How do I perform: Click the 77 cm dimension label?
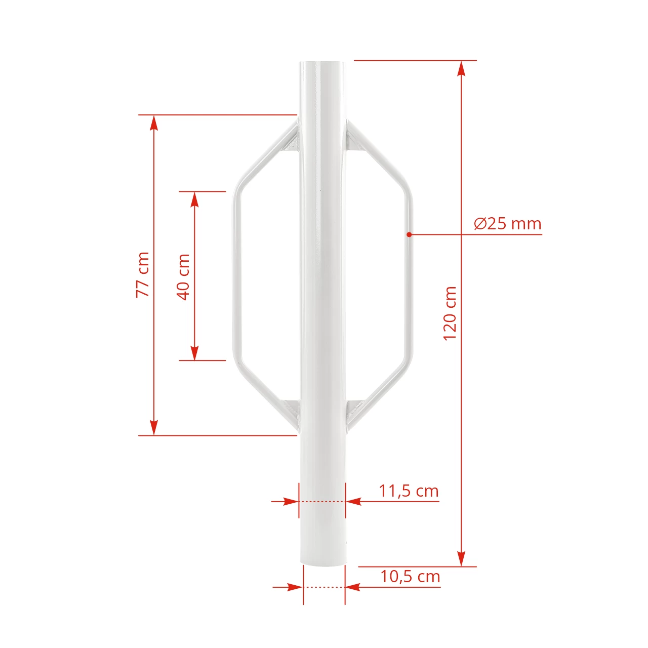click(x=143, y=275)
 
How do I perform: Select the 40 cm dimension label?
click(x=183, y=277)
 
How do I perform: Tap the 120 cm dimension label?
click(x=450, y=313)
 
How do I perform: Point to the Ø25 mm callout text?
click(x=507, y=224)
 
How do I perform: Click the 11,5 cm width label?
click(x=409, y=491)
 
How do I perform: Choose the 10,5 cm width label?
click(x=410, y=577)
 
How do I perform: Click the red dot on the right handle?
click(x=409, y=234)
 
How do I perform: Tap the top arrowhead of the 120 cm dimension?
click(x=462, y=68)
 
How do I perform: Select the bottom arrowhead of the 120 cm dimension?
click(x=462, y=558)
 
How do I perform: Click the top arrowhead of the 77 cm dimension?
click(x=154, y=123)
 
